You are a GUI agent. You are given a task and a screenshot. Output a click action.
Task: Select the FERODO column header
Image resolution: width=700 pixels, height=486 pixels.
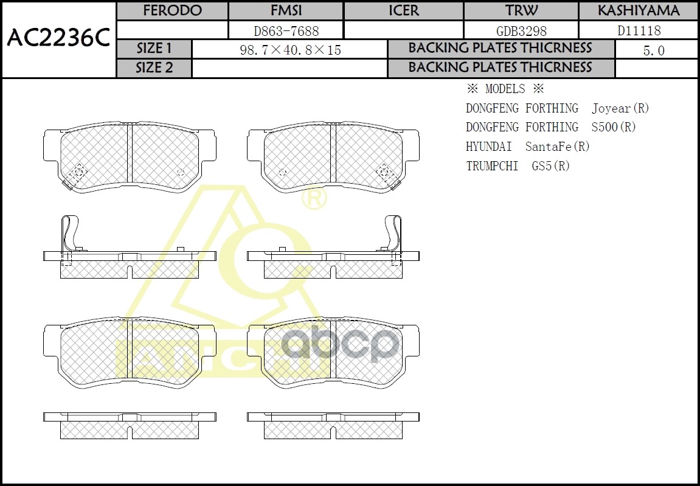pos(172,11)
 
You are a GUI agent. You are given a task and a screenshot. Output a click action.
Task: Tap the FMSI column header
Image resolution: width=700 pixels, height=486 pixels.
pos(285,11)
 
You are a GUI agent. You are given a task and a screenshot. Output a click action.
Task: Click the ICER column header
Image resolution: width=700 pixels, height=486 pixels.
pos(403,11)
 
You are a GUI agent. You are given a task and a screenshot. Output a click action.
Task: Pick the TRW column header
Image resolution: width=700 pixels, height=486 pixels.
pos(521,11)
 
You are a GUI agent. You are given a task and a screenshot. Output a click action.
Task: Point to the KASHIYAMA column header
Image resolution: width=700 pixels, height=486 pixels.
pos(638,11)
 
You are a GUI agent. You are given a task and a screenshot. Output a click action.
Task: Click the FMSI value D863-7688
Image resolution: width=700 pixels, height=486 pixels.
pos(285,30)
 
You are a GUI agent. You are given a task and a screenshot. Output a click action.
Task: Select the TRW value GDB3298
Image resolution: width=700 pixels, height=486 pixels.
pos(521,30)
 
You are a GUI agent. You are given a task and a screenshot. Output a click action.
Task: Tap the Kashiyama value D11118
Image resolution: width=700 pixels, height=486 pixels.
pos(639,30)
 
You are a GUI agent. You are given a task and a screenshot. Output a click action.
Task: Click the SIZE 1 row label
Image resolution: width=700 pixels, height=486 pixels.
pos(154,49)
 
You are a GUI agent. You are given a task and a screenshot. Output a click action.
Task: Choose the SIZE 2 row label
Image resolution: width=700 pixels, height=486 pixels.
pos(154,68)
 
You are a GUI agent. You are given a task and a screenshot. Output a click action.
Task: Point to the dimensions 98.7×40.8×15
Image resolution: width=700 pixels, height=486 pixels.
pos(291,50)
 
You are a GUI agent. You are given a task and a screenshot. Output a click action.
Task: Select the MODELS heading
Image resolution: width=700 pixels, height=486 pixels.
pos(504,89)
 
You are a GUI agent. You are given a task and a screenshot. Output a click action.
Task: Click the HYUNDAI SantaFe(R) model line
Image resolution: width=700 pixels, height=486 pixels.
pos(527,147)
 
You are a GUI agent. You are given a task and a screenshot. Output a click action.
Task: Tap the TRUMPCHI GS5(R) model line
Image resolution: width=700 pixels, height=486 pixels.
pos(518,165)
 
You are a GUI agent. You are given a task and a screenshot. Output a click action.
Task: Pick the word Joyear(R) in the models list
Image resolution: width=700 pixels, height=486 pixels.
pos(620,108)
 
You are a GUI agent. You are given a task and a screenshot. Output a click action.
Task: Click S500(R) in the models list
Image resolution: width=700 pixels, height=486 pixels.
pos(613,127)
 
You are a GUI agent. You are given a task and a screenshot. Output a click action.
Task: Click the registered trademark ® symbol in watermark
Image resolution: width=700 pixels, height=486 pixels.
pos(314,198)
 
